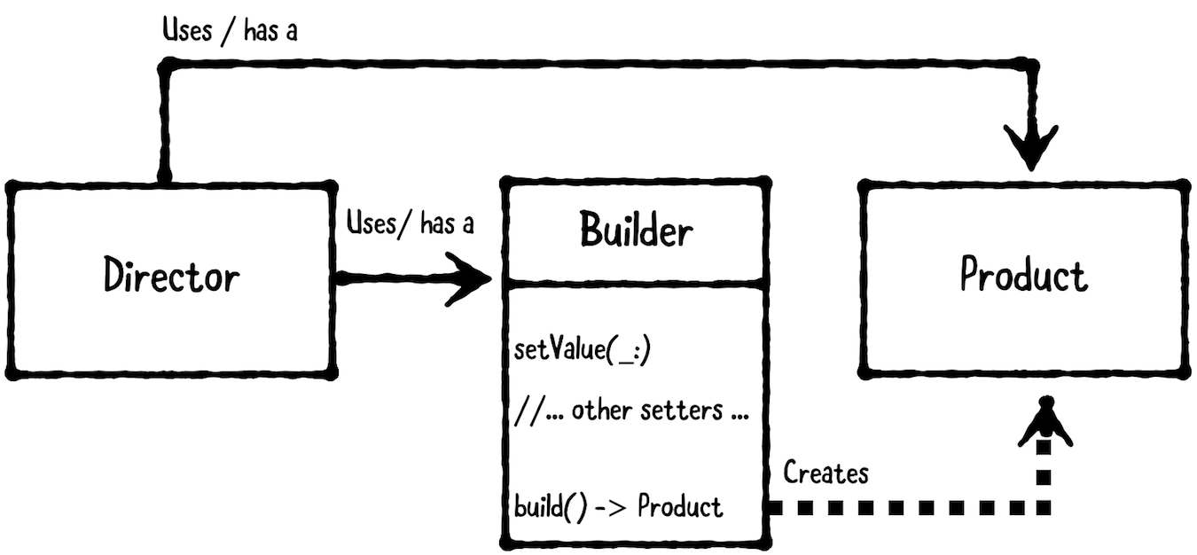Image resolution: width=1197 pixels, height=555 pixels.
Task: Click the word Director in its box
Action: [x=171, y=275]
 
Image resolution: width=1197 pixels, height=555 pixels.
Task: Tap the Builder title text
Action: [x=636, y=230]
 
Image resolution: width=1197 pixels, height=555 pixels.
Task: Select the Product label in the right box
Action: [x=1023, y=273]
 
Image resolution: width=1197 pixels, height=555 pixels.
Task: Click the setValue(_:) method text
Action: [x=582, y=350]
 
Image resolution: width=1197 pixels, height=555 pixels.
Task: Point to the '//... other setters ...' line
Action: [x=631, y=410]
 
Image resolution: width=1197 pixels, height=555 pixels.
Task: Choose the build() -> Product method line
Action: [x=618, y=506]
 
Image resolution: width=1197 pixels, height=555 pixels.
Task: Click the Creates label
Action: [x=825, y=473]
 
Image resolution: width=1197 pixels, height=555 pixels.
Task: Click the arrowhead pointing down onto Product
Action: [x=1031, y=147]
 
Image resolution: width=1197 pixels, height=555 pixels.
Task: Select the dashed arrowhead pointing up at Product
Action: [x=1045, y=422]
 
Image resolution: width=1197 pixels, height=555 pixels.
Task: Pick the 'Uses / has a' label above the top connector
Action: [x=230, y=30]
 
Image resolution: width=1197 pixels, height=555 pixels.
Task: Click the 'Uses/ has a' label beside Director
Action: [x=410, y=223]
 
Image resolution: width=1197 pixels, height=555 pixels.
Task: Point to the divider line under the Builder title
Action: [x=636, y=282]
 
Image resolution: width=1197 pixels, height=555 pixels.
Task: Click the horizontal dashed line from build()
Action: [x=910, y=507]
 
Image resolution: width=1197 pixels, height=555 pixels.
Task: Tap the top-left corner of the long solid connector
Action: [x=166, y=66]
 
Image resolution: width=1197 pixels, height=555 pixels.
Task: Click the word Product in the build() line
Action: [x=680, y=506]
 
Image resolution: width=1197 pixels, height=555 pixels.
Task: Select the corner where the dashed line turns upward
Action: [x=1044, y=507]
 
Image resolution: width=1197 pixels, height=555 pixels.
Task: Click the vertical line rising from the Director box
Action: [x=164, y=124]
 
